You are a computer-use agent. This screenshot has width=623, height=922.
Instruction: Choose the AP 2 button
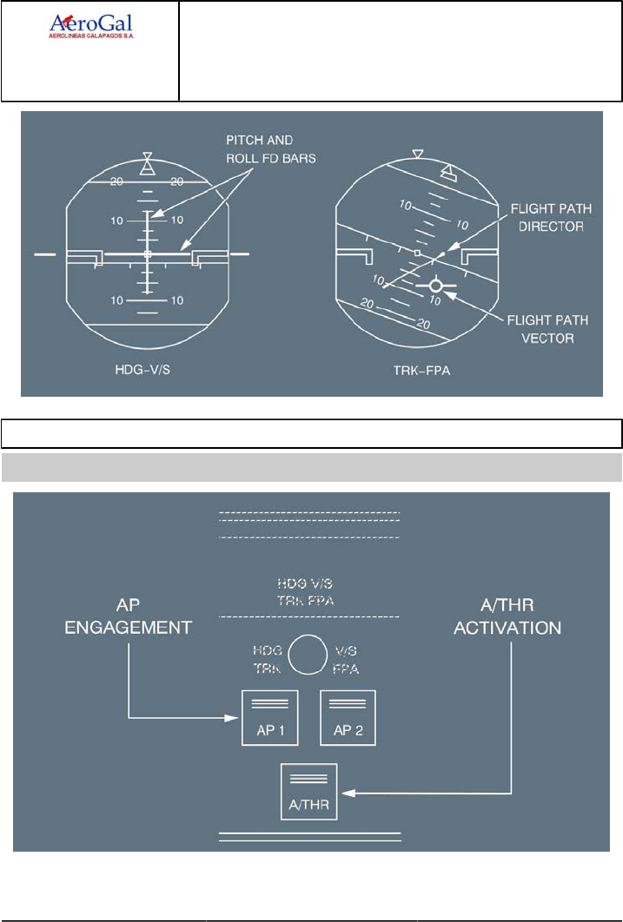[x=348, y=717]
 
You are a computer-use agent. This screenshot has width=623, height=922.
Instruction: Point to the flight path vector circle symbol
[x=435, y=286]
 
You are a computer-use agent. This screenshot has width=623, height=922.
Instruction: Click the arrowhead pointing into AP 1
[x=233, y=718]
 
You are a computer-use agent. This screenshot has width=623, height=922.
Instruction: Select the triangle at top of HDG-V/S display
[x=149, y=163]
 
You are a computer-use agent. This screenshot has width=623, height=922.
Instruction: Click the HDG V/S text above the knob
[x=308, y=584]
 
